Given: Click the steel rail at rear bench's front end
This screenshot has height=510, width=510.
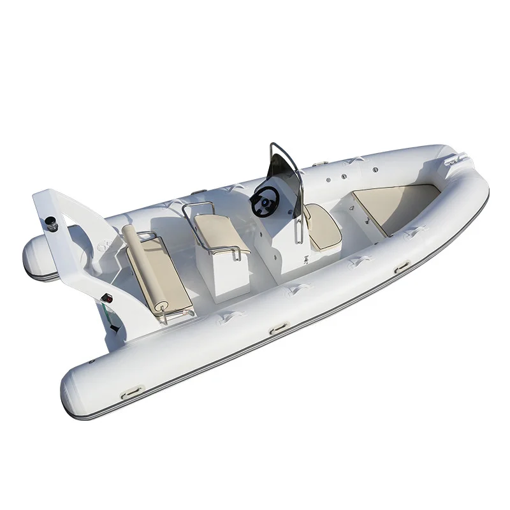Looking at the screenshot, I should tap(164, 316).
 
